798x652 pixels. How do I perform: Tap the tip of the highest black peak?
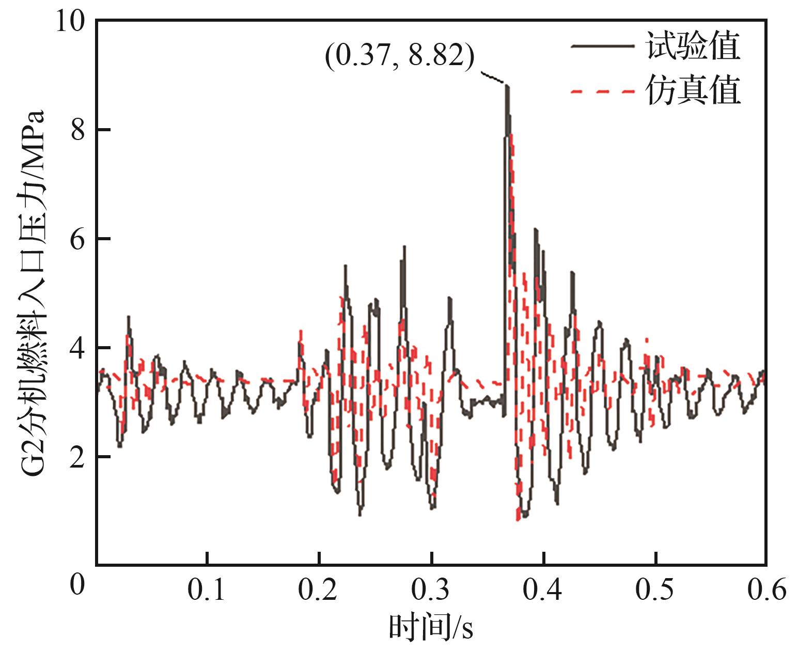click(507, 86)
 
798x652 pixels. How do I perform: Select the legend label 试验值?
click(693, 47)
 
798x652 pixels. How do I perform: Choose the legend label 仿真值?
click(693, 91)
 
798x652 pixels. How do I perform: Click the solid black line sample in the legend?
click(602, 46)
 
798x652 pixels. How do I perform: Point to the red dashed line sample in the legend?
click(602, 91)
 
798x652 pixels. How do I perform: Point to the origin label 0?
click(77, 586)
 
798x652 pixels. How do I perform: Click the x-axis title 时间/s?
click(431, 628)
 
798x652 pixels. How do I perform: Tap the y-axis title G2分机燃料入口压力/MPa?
click(32, 295)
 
